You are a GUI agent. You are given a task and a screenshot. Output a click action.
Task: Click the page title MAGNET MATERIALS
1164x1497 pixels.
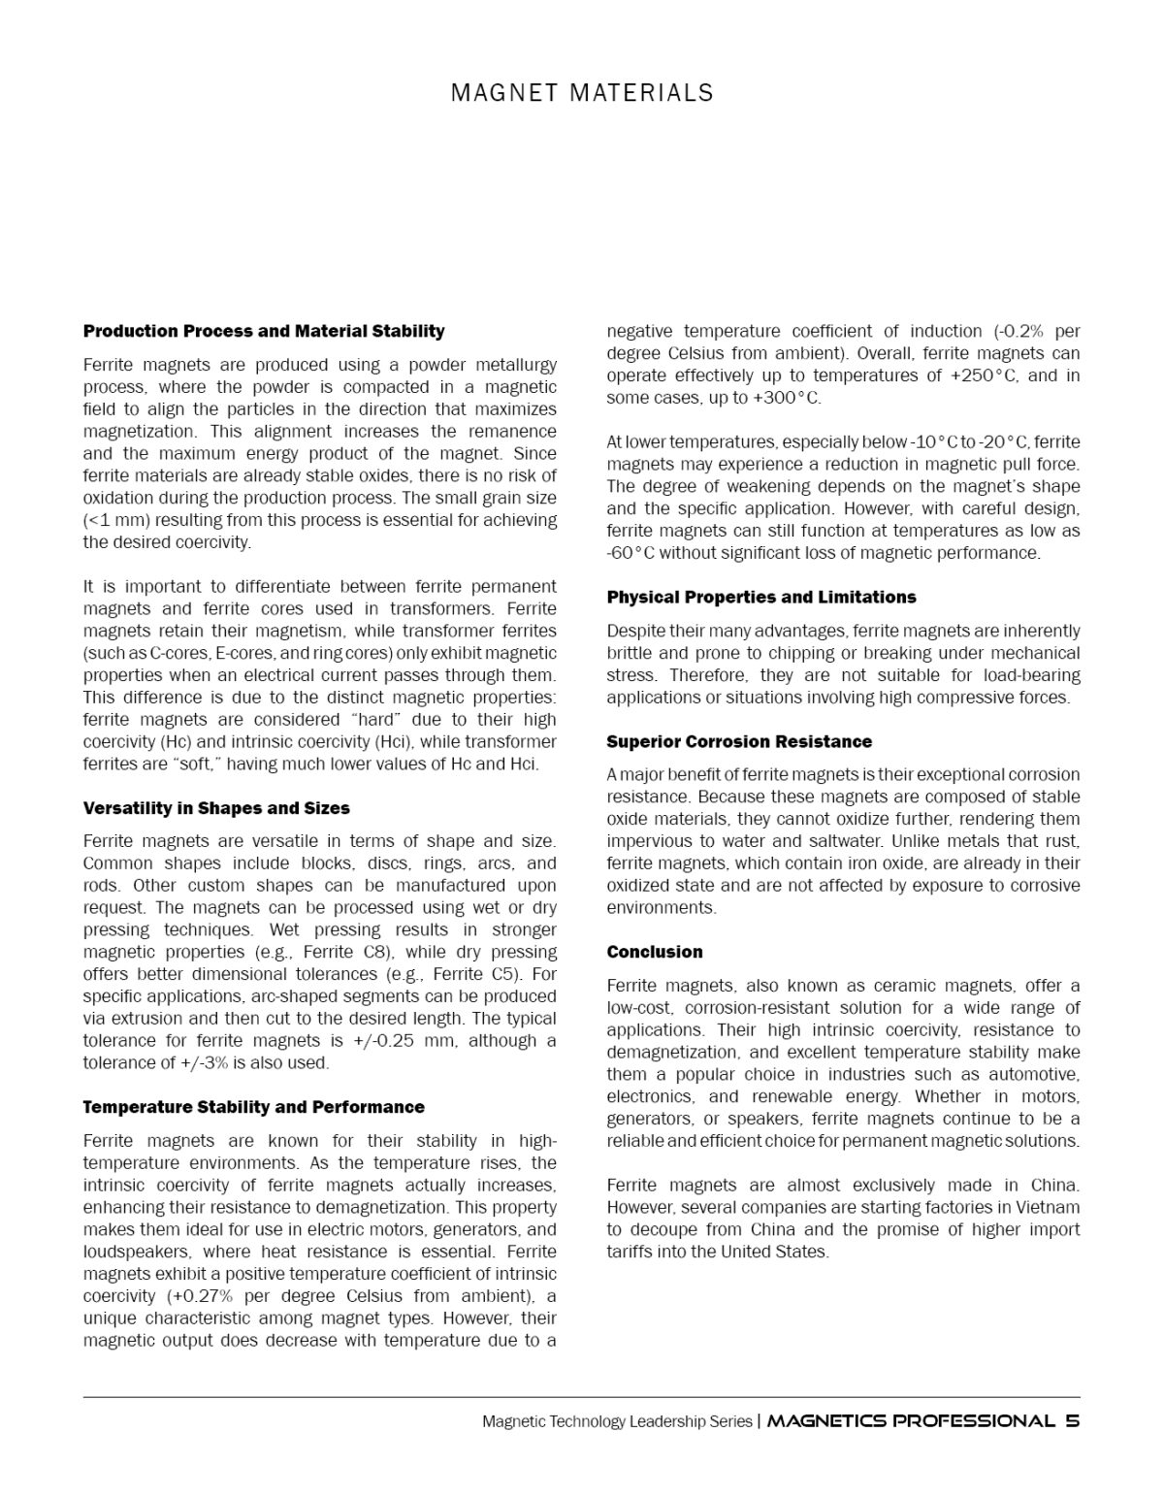coord(582,93)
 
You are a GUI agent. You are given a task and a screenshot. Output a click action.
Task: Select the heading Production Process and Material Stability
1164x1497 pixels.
coord(264,331)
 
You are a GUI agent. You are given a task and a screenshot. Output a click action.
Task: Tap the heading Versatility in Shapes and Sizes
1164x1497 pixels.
coord(216,808)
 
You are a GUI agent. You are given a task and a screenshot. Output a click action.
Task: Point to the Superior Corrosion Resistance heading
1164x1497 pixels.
coord(739,741)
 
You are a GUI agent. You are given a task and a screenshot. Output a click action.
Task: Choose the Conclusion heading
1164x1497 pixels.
coord(655,952)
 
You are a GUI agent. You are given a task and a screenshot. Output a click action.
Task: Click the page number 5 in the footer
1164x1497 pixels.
coord(1072,1420)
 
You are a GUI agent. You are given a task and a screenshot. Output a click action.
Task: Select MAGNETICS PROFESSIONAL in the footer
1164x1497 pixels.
coord(910,1420)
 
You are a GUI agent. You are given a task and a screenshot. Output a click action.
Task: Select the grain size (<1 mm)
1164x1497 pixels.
coord(116,520)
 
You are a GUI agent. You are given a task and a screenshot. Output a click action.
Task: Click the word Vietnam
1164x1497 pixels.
coord(1048,1208)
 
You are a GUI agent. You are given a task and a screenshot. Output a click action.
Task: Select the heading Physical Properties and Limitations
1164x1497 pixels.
coord(761,597)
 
